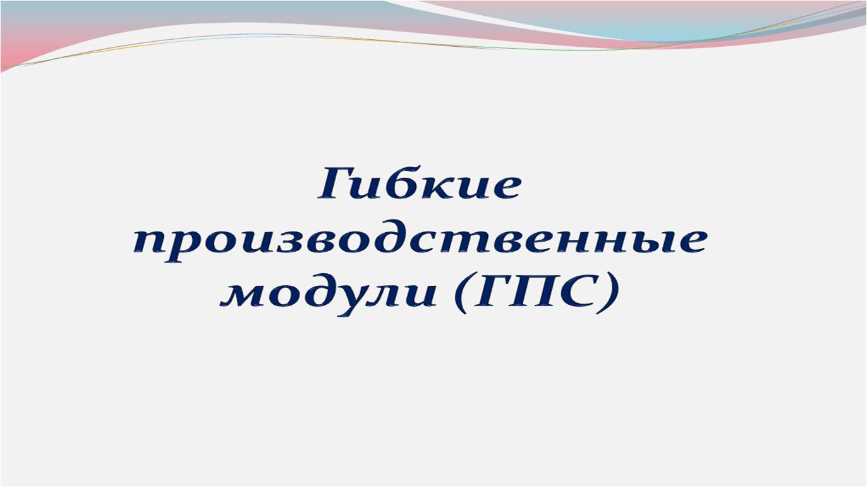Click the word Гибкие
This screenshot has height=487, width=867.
point(419,183)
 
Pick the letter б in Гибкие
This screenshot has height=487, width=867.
point(404,183)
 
